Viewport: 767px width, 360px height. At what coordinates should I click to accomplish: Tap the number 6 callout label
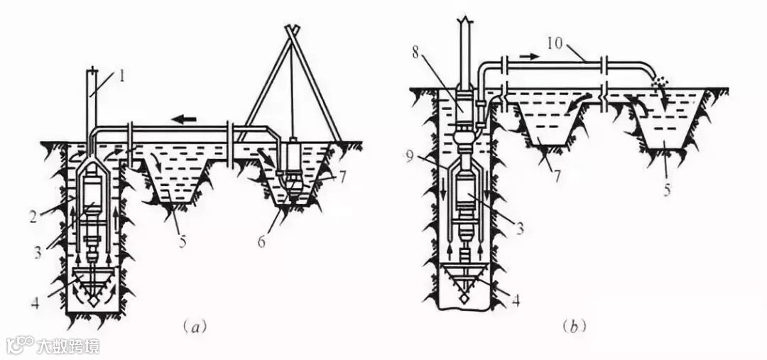pos(262,241)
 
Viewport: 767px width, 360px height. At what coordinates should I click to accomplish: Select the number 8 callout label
pos(415,53)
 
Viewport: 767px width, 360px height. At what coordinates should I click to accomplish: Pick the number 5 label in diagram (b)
pos(667,190)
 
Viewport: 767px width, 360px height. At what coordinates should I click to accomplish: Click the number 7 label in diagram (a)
pos(342,177)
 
